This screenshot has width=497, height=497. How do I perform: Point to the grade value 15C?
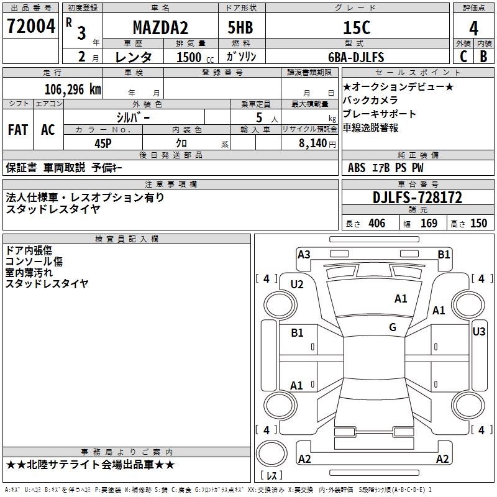pyautogui.click(x=357, y=28)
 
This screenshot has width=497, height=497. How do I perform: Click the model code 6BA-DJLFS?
pyautogui.click(x=356, y=57)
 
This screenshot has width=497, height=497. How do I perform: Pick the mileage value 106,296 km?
pyautogui.click(x=72, y=89)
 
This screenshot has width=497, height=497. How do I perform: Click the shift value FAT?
pyautogui.click(x=17, y=130)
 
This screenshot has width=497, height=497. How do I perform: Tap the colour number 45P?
pyautogui.click(x=103, y=143)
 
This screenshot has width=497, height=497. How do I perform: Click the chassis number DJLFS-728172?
pyautogui.click(x=417, y=198)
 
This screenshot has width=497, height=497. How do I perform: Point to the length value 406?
pyautogui.click(x=376, y=223)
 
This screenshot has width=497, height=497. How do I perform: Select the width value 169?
pyautogui.click(x=429, y=223)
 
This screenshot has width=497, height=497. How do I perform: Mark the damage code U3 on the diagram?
pyautogui.click(x=478, y=332)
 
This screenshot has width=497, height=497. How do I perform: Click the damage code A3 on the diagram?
pyautogui.click(x=304, y=254)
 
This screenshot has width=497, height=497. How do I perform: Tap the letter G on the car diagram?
pyautogui.click(x=393, y=327)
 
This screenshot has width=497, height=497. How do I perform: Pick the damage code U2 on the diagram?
pyautogui.click(x=297, y=285)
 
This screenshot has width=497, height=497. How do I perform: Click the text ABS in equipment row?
pyautogui.click(x=357, y=168)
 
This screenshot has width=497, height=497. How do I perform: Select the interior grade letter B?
pyautogui.click(x=483, y=57)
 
